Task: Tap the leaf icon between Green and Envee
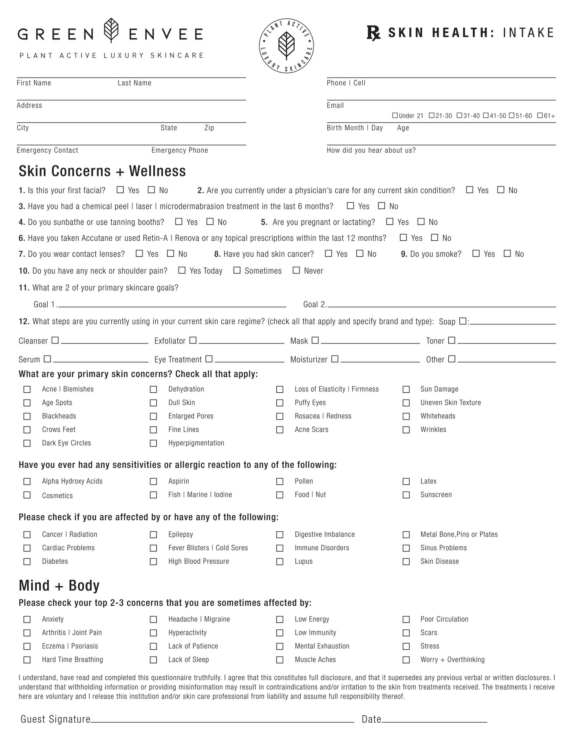(x=111, y=31)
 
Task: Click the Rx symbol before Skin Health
(x=373, y=33)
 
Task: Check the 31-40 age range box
(x=459, y=116)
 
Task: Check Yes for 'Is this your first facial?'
(x=120, y=190)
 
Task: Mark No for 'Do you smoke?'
(x=507, y=253)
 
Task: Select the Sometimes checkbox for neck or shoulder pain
(x=237, y=270)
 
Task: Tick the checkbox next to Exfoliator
(x=193, y=340)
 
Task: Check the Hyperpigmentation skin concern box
(x=153, y=443)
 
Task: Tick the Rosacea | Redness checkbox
(x=280, y=416)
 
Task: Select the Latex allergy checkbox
(x=406, y=482)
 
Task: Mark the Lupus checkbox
(x=280, y=561)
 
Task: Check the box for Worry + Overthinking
(x=406, y=660)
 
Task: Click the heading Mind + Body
(x=59, y=585)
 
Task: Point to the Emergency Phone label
(x=180, y=150)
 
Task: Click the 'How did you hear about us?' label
(x=371, y=150)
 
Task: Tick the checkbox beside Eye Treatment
(x=209, y=359)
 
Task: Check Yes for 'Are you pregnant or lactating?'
(x=390, y=222)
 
